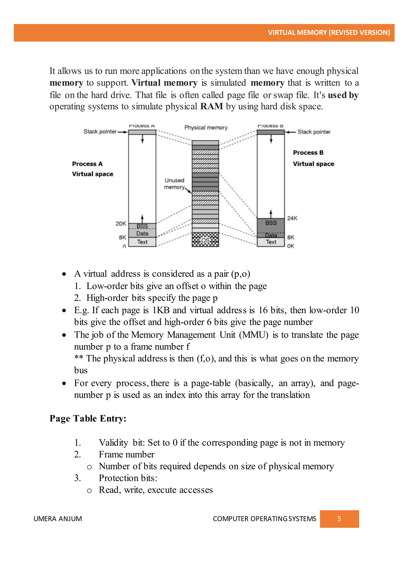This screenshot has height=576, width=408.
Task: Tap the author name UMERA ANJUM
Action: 58,519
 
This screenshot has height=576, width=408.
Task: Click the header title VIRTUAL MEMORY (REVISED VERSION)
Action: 329,33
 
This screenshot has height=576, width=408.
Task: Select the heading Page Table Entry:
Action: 88,418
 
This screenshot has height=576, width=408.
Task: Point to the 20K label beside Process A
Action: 121,224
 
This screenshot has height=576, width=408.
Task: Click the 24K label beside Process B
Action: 292,218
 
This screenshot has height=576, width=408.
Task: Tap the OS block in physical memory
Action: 205,240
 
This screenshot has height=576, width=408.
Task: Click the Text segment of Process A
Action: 142,242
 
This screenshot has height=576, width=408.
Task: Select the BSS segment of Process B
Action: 271,223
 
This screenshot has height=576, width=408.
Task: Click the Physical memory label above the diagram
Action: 206,127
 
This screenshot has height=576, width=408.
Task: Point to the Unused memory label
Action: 174,184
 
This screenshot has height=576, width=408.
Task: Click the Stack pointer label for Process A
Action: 100,131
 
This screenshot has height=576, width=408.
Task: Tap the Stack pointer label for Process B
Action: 314,132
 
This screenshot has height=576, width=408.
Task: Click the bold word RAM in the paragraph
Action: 212,106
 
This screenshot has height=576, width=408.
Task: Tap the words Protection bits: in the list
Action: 128,478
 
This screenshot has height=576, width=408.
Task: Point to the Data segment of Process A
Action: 142,234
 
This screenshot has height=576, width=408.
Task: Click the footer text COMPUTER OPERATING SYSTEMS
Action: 264,519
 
